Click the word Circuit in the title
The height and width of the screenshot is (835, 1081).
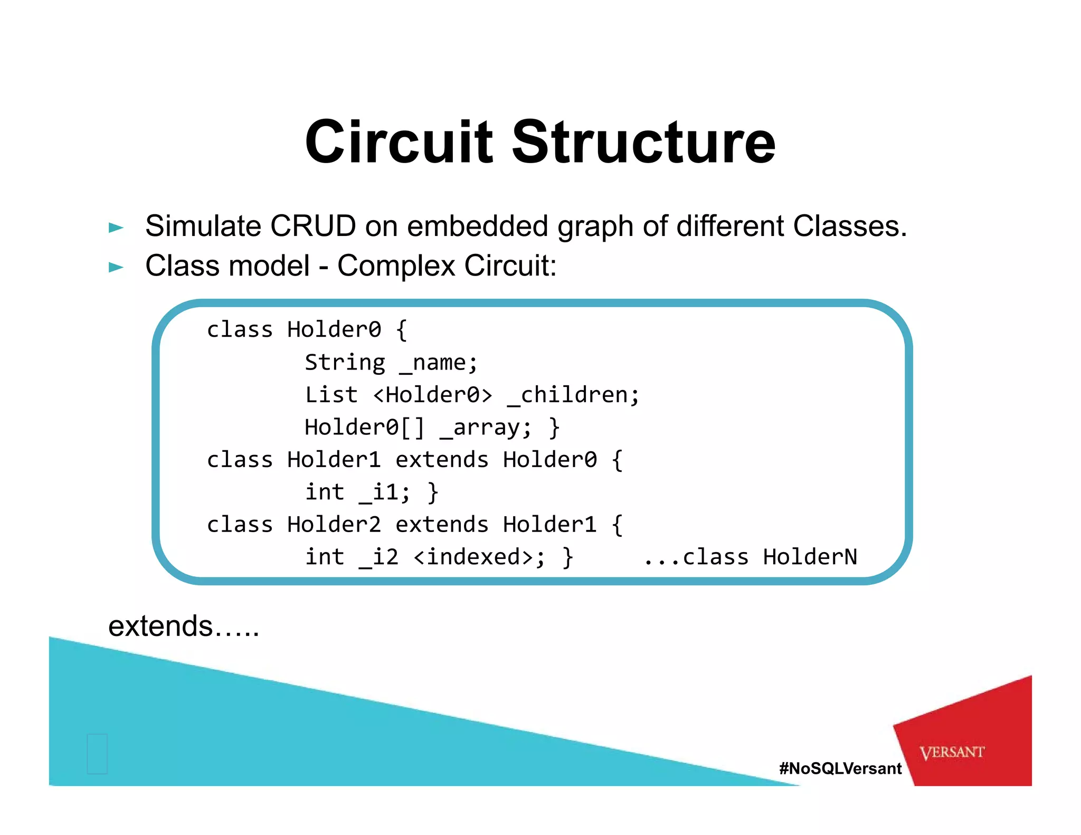click(399, 141)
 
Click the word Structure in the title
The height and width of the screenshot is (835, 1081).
click(643, 141)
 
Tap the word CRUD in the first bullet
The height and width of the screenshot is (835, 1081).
click(313, 226)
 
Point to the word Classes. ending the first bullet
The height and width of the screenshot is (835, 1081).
click(850, 226)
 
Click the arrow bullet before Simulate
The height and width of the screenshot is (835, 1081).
click(116, 228)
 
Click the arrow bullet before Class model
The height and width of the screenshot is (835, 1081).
click(116, 267)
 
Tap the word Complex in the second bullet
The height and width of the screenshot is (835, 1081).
click(396, 265)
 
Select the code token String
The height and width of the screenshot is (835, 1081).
click(345, 363)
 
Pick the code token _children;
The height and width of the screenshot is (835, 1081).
click(573, 395)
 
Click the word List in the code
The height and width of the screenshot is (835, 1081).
click(331, 395)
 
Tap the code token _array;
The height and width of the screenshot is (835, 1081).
click(486, 428)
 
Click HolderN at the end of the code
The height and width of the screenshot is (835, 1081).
click(810, 557)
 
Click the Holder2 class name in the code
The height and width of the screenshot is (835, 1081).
click(334, 525)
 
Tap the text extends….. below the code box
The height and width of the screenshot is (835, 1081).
click(184, 627)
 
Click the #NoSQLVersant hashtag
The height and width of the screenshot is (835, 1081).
click(840, 768)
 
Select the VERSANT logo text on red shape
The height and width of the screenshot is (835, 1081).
click(952, 752)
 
